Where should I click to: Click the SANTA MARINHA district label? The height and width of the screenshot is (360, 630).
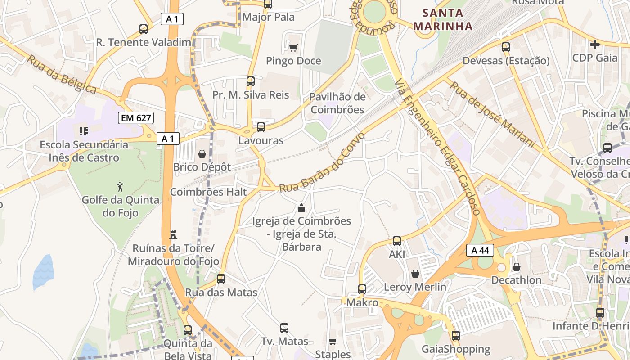(443, 19)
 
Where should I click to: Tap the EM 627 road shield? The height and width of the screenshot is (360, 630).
(136, 118)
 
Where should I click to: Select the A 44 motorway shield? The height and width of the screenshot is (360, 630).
(480, 250)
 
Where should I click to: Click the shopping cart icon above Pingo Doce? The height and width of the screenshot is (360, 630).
(293, 48)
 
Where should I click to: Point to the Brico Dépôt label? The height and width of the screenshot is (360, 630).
(202, 167)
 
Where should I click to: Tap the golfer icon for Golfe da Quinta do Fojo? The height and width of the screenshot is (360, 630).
(120, 186)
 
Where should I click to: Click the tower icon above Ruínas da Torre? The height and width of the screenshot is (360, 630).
(173, 234)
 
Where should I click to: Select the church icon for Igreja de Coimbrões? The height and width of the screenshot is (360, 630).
(301, 208)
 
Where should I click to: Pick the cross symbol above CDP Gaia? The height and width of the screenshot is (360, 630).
(595, 45)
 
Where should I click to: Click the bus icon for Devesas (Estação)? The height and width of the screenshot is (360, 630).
(506, 47)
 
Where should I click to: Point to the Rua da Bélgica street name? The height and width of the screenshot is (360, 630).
(62, 74)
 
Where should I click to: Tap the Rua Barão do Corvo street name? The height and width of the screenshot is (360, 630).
(322, 162)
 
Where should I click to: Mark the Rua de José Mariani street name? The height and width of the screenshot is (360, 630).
(493, 114)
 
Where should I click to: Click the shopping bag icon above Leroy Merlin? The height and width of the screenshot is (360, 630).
(415, 274)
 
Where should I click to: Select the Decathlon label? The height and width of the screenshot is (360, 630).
(516, 280)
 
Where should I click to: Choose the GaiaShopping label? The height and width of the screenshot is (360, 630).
(456, 349)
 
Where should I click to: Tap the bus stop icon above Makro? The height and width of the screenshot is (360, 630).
(362, 289)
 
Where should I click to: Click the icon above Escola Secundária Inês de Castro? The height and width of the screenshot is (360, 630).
(84, 131)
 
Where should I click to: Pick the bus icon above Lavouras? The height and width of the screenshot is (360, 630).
(261, 127)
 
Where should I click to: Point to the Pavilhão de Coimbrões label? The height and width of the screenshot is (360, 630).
(337, 103)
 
